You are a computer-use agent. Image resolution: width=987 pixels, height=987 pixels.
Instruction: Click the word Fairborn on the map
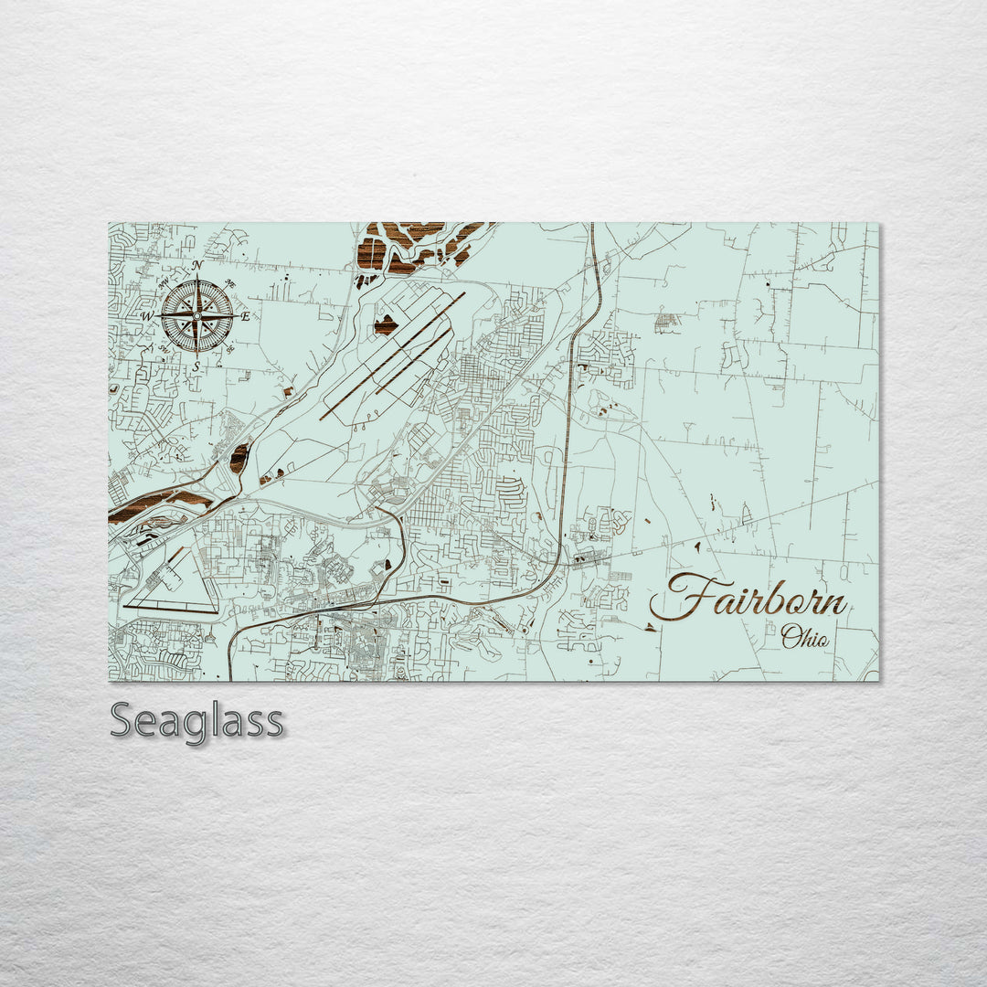click(749, 598)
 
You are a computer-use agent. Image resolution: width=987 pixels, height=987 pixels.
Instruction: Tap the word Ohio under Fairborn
click(805, 637)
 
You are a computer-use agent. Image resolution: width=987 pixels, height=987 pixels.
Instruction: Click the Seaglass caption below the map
click(196, 721)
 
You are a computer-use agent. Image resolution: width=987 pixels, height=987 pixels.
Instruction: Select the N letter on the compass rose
click(197, 266)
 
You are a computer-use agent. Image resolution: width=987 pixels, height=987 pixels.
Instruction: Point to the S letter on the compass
click(196, 366)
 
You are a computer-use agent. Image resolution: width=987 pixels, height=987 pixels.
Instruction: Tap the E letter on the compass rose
click(246, 316)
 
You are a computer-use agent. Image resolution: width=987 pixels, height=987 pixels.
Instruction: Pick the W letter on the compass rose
click(148, 316)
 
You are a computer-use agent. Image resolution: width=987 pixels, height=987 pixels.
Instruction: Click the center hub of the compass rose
click(197, 316)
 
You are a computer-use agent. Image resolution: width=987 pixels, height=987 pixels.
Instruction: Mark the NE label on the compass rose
click(230, 284)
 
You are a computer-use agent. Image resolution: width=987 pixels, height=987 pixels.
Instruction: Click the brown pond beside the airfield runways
click(385, 324)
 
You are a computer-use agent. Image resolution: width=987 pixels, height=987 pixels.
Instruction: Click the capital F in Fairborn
click(681, 598)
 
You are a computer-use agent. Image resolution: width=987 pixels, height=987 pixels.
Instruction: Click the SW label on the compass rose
click(164, 348)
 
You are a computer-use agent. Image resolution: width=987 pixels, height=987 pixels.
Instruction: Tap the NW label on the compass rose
click(164, 284)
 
